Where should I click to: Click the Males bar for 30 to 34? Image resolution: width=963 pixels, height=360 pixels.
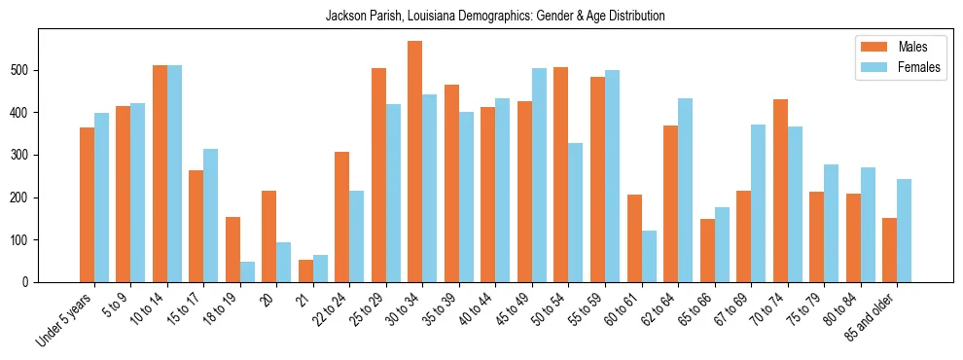[415, 162]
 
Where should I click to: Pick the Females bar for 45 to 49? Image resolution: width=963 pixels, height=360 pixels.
[540, 175]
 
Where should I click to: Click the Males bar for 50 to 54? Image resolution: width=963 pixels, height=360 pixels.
[561, 175]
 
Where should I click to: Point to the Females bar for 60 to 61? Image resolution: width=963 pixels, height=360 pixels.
[649, 257]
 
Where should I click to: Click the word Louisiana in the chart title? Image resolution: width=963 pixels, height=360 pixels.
[441, 17]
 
